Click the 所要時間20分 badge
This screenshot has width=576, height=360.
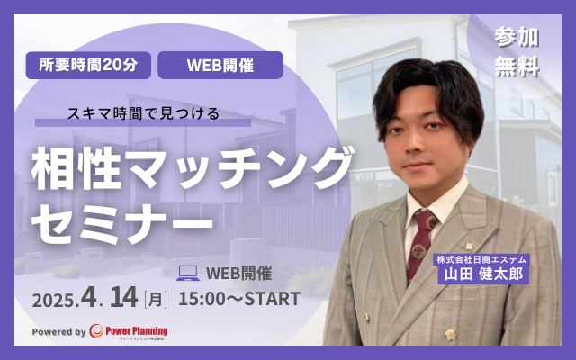click(x=87, y=65)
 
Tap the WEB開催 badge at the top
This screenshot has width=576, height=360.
click(x=220, y=65)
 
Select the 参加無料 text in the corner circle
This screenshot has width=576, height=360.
click(x=517, y=51)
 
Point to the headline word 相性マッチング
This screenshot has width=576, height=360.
click(x=190, y=168)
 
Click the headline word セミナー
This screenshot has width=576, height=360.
click(x=122, y=219)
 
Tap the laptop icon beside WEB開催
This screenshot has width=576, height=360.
click(x=188, y=271)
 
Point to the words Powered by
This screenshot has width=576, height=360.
click(x=59, y=332)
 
